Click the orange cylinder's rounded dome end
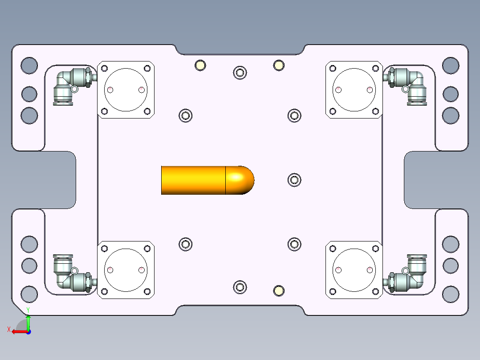(240, 180)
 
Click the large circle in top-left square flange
(126, 90)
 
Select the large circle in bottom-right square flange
(354, 270)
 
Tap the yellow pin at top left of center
(200, 65)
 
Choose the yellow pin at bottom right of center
(279, 291)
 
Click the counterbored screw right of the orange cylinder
(294, 180)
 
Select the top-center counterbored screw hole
(240, 72)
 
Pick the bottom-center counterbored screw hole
(240, 287)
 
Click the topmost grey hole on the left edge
(29, 65)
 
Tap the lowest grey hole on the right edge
(451, 294)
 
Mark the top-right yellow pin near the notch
(279, 65)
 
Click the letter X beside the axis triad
(8, 330)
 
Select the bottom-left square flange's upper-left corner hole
(105, 249)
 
